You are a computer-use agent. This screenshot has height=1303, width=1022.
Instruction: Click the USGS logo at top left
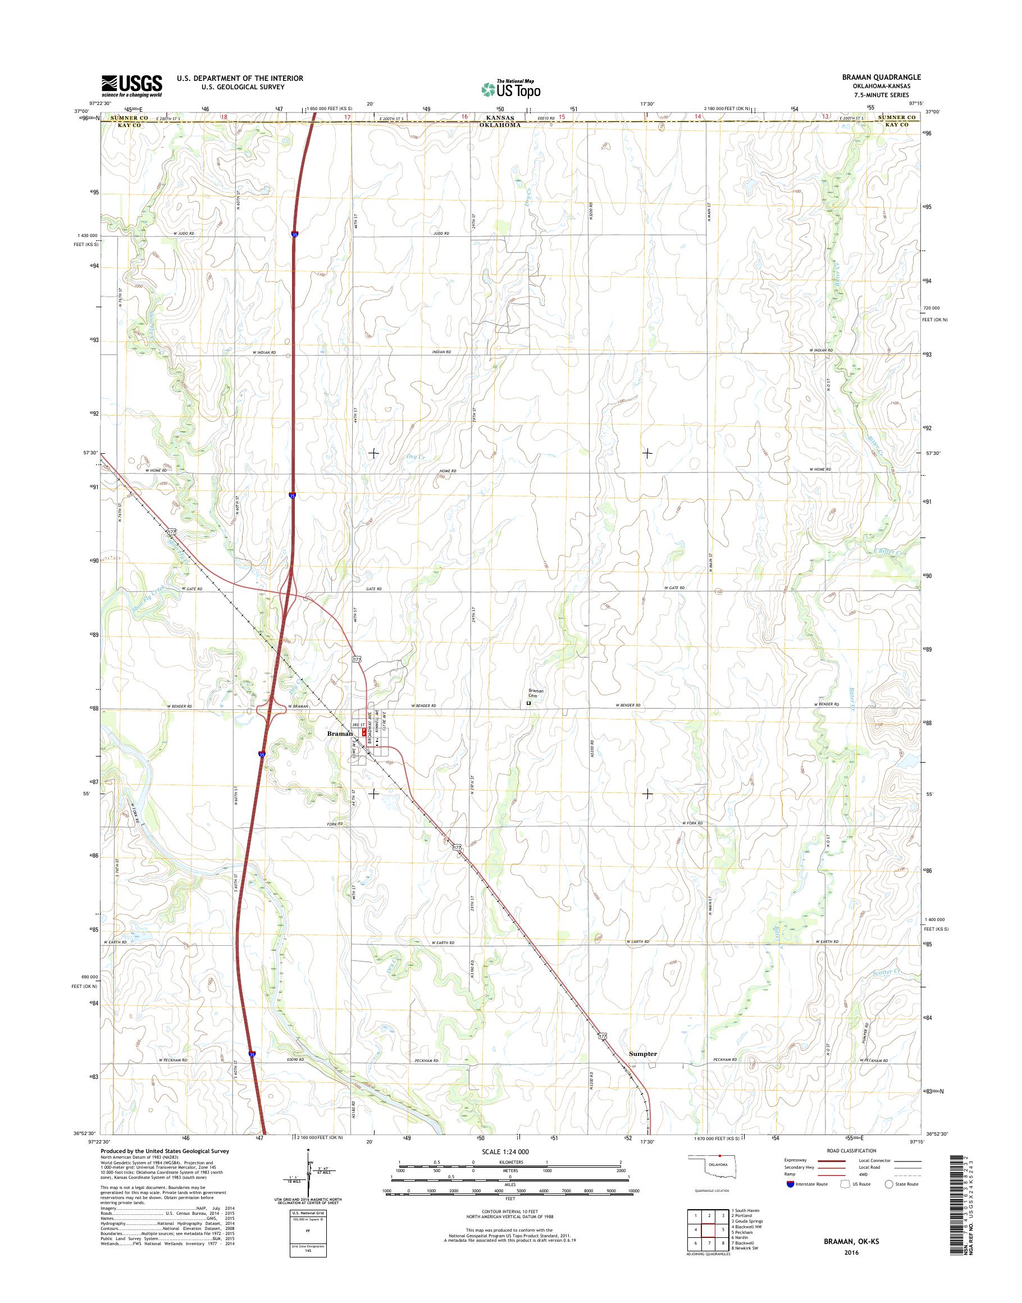point(131,85)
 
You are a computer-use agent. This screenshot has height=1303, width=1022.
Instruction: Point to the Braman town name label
point(339,732)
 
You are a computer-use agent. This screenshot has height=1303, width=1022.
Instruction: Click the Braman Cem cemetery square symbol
point(528,704)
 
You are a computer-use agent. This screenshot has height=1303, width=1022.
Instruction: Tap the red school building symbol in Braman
point(364,732)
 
